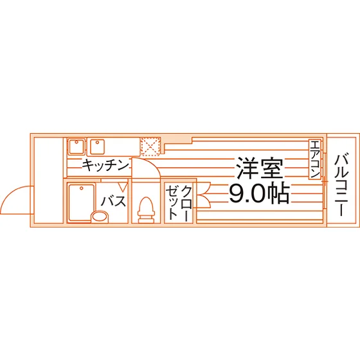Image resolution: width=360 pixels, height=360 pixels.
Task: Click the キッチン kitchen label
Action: (x=105, y=165)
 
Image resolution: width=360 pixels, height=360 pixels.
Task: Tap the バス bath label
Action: (x=114, y=201)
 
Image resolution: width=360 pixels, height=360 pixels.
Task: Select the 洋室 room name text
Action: (x=260, y=168)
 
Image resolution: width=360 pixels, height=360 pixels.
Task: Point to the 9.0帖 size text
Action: (x=260, y=193)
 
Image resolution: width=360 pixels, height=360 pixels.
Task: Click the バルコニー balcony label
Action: (x=341, y=185)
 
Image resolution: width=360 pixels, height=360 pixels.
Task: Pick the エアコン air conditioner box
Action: (x=314, y=159)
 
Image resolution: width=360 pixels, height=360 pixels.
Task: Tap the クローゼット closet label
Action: (x=179, y=203)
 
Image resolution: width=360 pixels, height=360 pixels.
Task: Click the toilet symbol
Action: (x=145, y=210)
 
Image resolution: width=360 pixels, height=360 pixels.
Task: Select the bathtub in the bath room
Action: (x=81, y=203)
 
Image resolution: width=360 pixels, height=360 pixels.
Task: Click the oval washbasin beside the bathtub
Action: (x=100, y=217)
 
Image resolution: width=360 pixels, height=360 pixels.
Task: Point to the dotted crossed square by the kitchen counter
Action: (x=150, y=147)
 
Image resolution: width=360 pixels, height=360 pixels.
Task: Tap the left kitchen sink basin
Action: (x=77, y=147)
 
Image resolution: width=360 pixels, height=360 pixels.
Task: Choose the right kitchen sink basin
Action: (x=97, y=147)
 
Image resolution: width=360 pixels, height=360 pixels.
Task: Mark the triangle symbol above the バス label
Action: (x=123, y=186)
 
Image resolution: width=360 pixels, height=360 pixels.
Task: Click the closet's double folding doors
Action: (x=203, y=195)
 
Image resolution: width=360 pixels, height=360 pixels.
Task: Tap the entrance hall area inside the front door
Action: (x=48, y=180)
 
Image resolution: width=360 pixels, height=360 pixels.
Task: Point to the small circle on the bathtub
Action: (x=81, y=188)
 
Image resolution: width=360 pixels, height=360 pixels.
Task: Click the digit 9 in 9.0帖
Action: (x=236, y=194)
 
